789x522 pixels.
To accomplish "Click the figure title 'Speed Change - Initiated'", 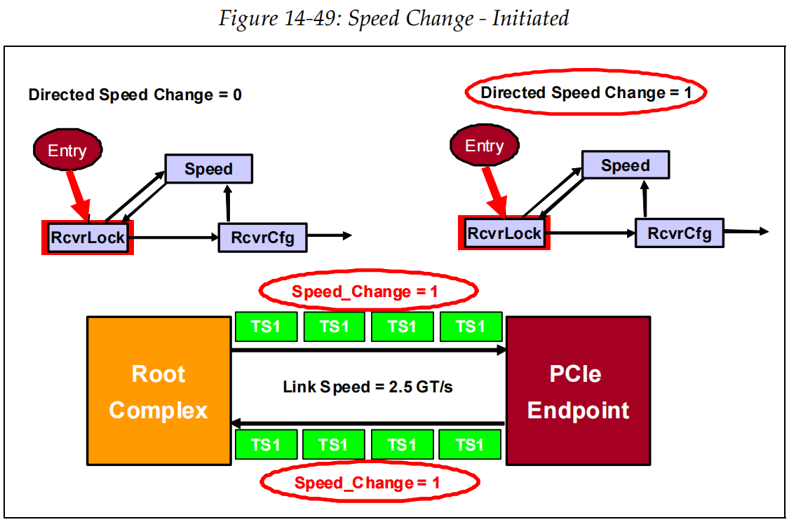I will click(x=393, y=18).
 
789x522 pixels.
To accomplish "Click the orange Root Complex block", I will click(x=159, y=391).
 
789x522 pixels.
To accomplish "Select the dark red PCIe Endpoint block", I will click(x=578, y=391).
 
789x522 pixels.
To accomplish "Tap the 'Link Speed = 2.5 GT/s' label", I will click(x=367, y=386).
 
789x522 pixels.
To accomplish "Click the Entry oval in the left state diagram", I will click(x=67, y=150).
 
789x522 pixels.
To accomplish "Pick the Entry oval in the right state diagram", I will click(x=484, y=146).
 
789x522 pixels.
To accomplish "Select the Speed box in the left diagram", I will click(x=208, y=169).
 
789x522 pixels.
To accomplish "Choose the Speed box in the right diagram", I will click(x=625, y=165).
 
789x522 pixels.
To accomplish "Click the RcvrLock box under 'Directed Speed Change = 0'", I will click(x=88, y=238).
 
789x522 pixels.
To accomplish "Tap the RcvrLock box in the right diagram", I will click(x=504, y=233).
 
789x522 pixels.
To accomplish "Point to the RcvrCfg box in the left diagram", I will click(x=262, y=238).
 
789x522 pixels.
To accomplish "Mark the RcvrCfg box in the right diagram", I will click(x=679, y=233).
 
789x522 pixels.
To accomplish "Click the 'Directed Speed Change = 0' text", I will click(x=135, y=95).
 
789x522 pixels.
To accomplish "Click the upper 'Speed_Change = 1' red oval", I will click(x=368, y=291).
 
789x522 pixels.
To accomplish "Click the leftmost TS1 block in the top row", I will click(x=265, y=327).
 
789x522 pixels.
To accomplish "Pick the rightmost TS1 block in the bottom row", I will click(x=470, y=444).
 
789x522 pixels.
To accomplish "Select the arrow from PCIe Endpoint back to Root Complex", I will click(x=368, y=423).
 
